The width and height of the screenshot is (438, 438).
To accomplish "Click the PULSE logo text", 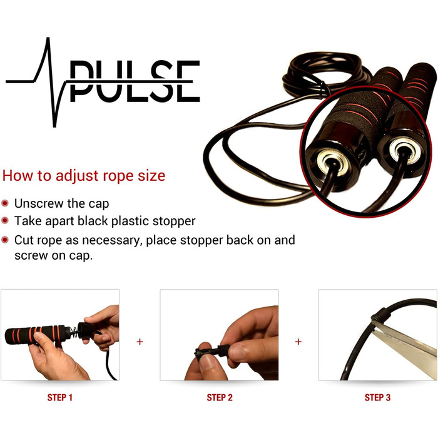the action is [x=135, y=81].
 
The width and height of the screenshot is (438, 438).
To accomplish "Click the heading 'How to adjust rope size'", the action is [x=84, y=176].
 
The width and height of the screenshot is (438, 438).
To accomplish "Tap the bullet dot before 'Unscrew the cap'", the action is [x=5, y=203].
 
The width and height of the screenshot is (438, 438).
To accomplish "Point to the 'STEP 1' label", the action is [x=60, y=397].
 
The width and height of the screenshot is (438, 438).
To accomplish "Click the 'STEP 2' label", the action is [x=220, y=397].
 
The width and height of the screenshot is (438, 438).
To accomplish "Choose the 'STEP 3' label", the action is [x=377, y=397].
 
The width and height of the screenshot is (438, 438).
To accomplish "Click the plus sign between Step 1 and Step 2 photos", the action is [x=140, y=342].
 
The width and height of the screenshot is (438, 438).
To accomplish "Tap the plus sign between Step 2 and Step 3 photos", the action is [x=298, y=342].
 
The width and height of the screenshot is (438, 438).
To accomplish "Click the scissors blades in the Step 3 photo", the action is [x=405, y=345].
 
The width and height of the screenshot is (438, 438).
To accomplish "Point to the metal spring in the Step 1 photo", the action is [x=74, y=332].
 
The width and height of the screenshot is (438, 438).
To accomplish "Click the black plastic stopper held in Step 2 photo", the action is [x=211, y=352].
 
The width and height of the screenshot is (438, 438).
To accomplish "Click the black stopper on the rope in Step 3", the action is [x=381, y=315].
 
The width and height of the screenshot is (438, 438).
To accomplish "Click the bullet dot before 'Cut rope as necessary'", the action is [x=5, y=240].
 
